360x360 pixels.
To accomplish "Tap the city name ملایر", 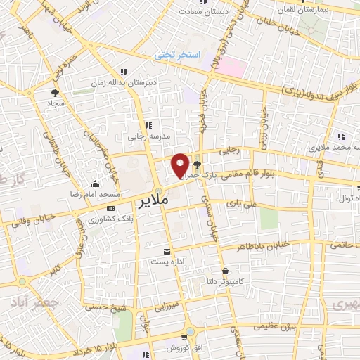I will pyautogui.click(x=150, y=202).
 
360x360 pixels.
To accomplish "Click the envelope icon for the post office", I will pyautogui.click(x=167, y=251).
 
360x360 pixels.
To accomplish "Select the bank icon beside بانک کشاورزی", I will pyautogui.click(x=110, y=209).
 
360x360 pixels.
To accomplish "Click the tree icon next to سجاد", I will pyautogui.click(x=55, y=92).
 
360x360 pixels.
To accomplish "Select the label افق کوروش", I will pyautogui.click(x=184, y=348).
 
